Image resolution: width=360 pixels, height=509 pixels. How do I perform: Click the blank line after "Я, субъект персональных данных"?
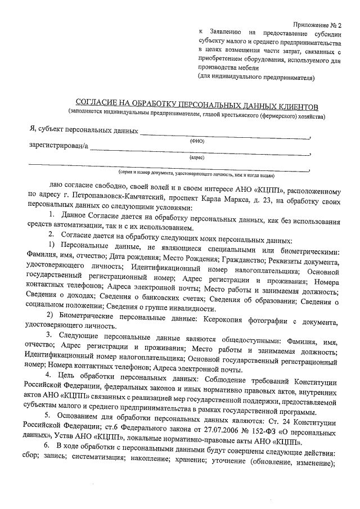pos(225,135)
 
